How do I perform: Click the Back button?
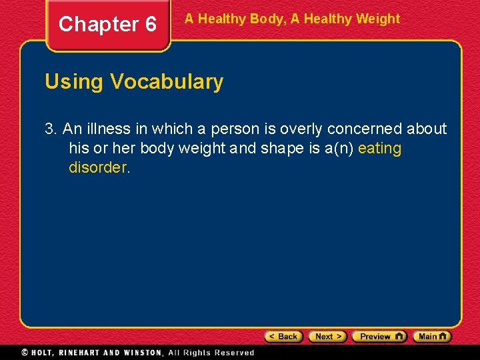(284, 337)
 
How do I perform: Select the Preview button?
(379, 337)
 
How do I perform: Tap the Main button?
(432, 337)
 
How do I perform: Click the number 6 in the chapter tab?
(150, 25)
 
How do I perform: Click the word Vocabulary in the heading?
(167, 82)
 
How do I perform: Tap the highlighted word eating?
(379, 148)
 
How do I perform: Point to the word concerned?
(363, 129)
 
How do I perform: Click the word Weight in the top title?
(377, 19)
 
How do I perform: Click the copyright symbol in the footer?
(25, 352)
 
